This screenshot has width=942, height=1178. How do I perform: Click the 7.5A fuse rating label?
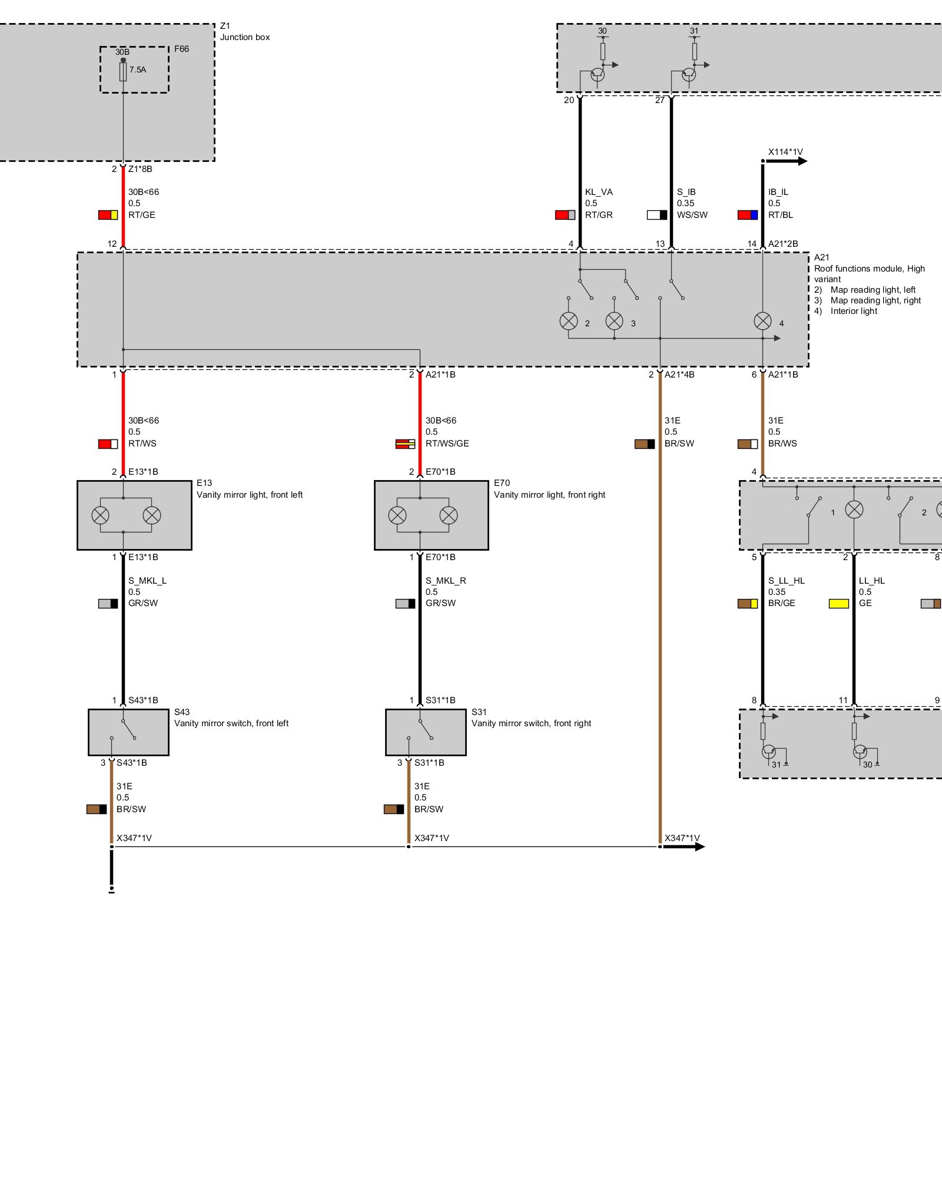pos(138,70)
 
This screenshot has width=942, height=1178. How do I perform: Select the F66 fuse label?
pos(181,49)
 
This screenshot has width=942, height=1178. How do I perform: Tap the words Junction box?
pos(245,37)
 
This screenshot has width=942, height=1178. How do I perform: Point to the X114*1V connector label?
pos(785,152)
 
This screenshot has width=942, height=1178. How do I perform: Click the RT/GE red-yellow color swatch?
pos(108,215)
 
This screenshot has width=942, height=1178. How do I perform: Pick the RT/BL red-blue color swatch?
pos(748,215)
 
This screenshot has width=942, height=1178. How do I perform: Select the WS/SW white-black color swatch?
pos(657,215)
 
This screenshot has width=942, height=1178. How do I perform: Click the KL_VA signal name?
pos(599,192)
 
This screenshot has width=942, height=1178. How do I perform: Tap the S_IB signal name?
pos(686,192)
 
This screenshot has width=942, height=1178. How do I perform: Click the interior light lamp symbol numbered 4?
pos(762,321)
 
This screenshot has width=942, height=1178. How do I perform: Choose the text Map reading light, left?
pos(873,290)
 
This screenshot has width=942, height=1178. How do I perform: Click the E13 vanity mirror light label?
pos(204,483)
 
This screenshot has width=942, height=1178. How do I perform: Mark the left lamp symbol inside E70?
pos(397,515)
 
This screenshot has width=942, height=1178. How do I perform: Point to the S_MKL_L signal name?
pos(147,581)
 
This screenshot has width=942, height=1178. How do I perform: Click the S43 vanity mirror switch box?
pos(128,732)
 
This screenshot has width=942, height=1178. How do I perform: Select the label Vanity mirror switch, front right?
pos(531,723)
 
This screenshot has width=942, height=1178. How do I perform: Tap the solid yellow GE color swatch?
pos(839,604)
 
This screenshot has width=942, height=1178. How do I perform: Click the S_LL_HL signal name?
pos(786,581)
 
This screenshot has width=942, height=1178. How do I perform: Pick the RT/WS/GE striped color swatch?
pos(405,444)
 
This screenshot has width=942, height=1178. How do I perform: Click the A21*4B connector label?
pos(679,375)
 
